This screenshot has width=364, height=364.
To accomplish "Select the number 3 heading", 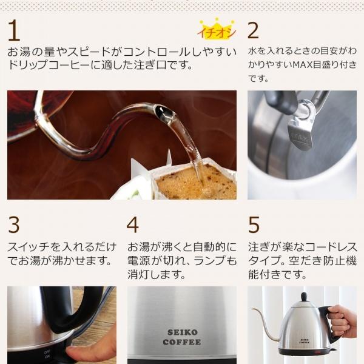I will point(14,225).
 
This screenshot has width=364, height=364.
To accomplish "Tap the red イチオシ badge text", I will point(217,33).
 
